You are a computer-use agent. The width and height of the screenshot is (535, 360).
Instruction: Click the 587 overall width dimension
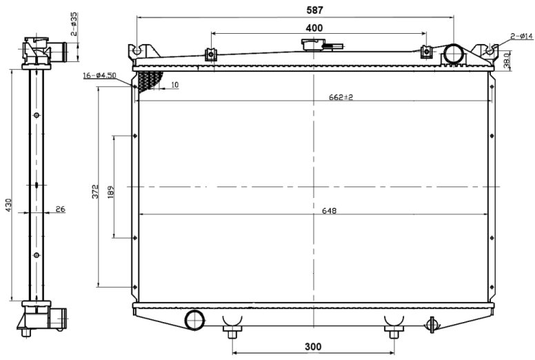[314, 10]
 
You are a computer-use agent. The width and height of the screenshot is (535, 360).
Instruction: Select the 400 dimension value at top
[314, 28]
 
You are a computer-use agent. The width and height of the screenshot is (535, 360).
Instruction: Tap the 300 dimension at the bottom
[313, 347]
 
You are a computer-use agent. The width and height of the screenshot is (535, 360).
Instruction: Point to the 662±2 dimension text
[341, 97]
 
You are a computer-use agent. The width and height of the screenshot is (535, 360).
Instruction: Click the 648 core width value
[330, 211]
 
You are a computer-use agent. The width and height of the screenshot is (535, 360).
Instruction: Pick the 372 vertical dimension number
[95, 192]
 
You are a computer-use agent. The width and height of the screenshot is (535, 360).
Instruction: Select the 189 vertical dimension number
[110, 192]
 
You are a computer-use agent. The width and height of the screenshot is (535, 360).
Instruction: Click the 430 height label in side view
[8, 205]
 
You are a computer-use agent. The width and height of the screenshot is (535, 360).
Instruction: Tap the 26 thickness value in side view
[60, 209]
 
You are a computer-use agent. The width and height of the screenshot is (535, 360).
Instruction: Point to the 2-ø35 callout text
[74, 24]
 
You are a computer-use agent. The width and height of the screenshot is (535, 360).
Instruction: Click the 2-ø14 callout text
[522, 36]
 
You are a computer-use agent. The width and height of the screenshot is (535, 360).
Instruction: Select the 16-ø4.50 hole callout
[100, 75]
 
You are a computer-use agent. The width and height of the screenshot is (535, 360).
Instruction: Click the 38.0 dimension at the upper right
[507, 61]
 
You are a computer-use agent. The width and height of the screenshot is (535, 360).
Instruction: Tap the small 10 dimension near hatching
[174, 85]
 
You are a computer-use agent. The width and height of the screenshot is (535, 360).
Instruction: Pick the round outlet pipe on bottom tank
[194, 320]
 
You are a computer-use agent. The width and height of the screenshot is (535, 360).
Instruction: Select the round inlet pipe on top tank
[454, 54]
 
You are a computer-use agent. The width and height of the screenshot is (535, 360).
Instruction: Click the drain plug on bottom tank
[432, 325]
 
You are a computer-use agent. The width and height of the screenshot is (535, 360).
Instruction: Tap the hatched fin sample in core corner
[149, 81]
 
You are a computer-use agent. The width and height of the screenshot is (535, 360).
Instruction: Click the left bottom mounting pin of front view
[232, 332]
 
